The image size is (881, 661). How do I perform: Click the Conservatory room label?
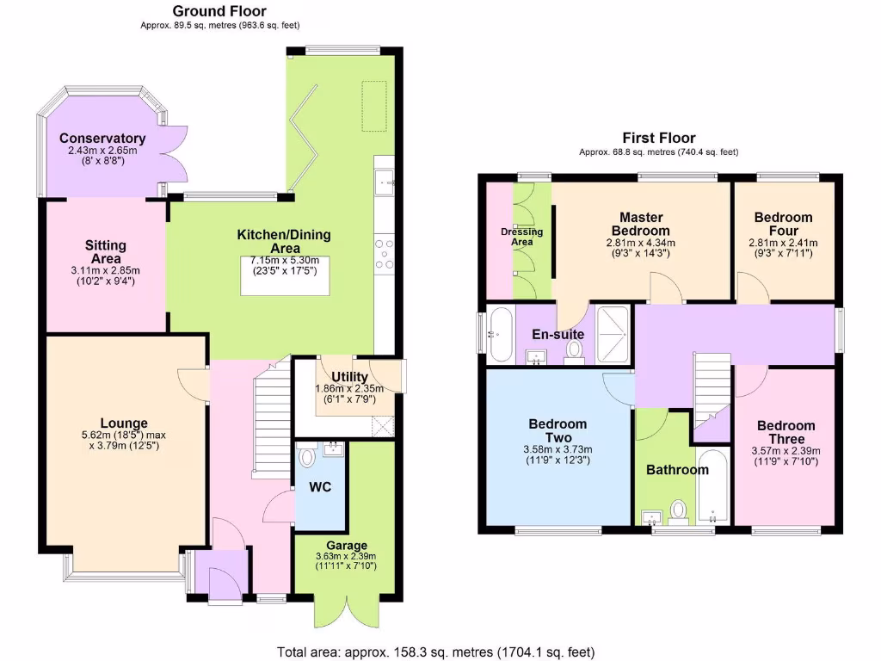click(x=102, y=139)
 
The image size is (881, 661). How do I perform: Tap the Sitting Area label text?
click(x=106, y=252)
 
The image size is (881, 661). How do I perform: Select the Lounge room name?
click(x=124, y=423)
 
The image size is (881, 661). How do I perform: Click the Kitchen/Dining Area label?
click(x=284, y=242)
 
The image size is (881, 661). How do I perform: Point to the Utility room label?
click(x=349, y=377)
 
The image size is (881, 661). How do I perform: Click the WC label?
click(x=321, y=487)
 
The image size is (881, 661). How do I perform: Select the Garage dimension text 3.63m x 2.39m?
click(x=347, y=556)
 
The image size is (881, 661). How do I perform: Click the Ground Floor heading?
click(x=219, y=11)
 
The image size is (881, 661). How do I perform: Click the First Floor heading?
click(x=659, y=138)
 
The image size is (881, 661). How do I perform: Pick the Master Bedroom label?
click(x=640, y=224)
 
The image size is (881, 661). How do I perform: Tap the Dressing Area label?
click(x=522, y=237)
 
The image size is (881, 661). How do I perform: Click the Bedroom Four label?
click(x=783, y=224)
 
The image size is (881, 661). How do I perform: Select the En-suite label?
click(x=558, y=334)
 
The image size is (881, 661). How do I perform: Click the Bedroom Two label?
click(x=558, y=430)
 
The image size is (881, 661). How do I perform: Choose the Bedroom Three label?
click(x=786, y=432)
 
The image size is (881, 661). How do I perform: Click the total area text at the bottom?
click(x=435, y=652)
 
